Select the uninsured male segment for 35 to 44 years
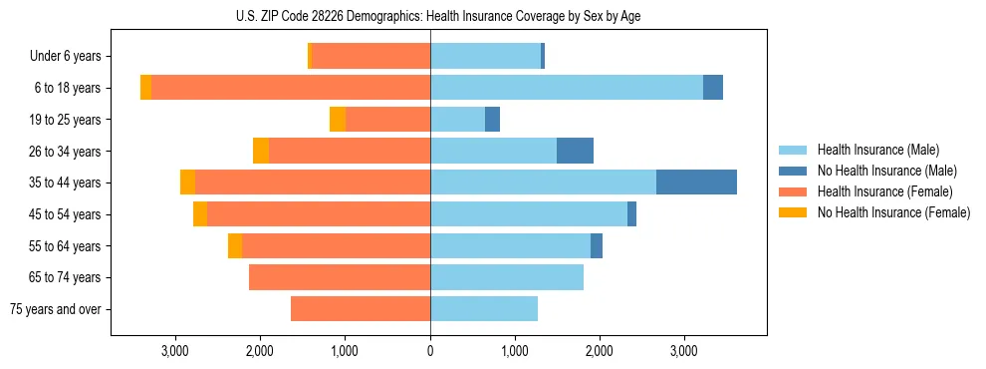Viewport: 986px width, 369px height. (x=696, y=183)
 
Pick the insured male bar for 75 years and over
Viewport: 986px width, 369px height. (x=484, y=309)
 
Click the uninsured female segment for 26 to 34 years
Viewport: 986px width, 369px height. (x=261, y=151)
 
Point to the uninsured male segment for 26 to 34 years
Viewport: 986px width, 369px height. (x=575, y=151)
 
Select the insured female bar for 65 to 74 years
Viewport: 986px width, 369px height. (x=340, y=277)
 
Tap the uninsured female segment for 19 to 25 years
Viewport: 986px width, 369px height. (x=338, y=120)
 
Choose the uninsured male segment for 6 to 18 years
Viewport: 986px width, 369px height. (x=713, y=88)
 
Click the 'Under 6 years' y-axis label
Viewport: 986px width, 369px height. (x=65, y=57)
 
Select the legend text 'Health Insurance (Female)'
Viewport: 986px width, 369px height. (x=884, y=191)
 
